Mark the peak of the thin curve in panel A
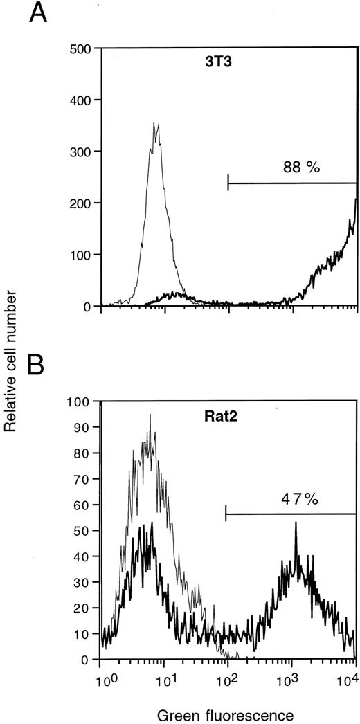pyautogui.click(x=156, y=125)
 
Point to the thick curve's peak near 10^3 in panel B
pyautogui.click(x=296, y=523)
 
